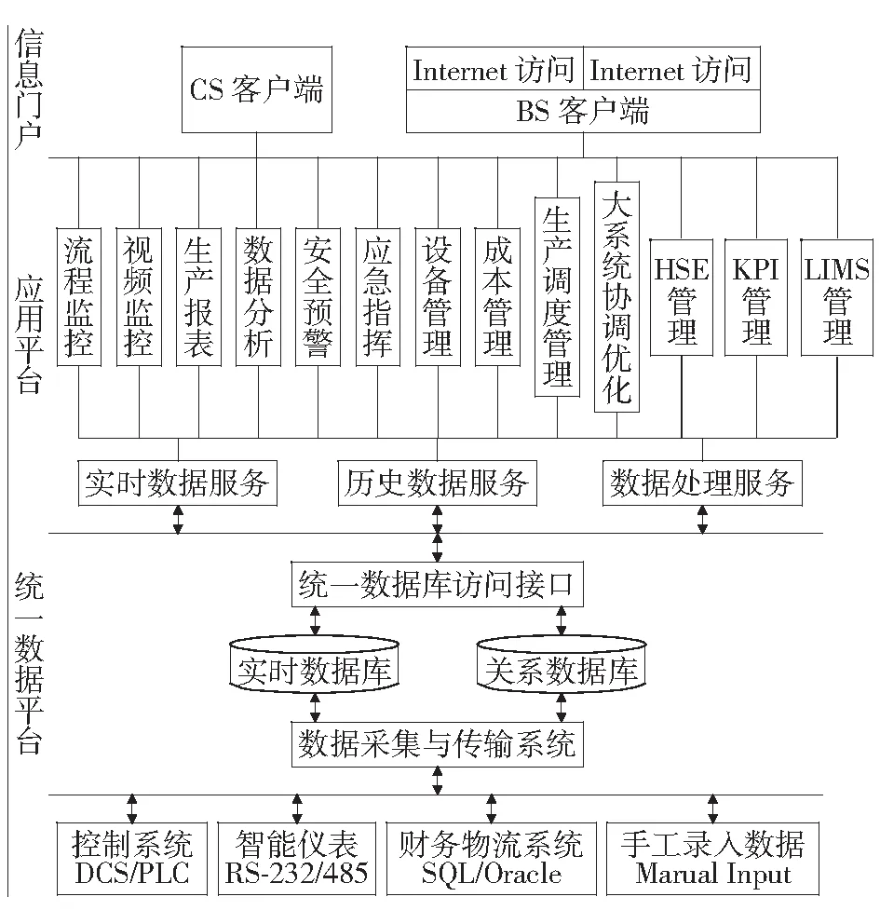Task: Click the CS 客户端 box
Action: pyautogui.click(x=256, y=89)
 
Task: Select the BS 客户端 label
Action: pyautogui.click(x=582, y=111)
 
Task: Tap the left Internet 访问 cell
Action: pyautogui.click(x=494, y=69)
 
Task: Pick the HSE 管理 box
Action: pyautogui.click(x=682, y=297)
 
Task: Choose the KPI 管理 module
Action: pyautogui.click(x=756, y=297)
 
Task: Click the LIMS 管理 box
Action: pyautogui.click(x=836, y=297)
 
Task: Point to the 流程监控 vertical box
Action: pyautogui.click(x=79, y=297)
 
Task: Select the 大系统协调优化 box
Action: pyautogui.click(x=616, y=297)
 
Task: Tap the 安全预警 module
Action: pyautogui.click(x=318, y=297)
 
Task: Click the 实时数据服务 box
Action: pyautogui.click(x=177, y=483)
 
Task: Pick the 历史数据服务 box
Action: pyautogui.click(x=437, y=483)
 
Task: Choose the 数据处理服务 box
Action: pyautogui.click(x=702, y=483)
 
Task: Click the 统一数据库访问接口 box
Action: pyautogui.click(x=437, y=584)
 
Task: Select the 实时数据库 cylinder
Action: pyautogui.click(x=315, y=664)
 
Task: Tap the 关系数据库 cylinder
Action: pyautogui.click(x=562, y=664)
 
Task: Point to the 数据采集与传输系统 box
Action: pyautogui.click(x=437, y=744)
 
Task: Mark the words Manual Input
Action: pyautogui.click(x=712, y=874)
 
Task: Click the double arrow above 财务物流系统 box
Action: pyautogui.click(x=492, y=808)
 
